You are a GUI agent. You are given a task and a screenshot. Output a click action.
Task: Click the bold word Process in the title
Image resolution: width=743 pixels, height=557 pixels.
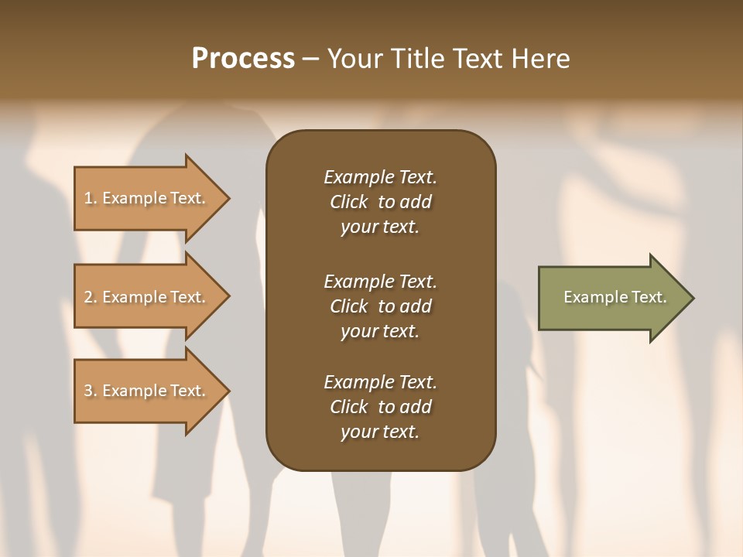(x=243, y=59)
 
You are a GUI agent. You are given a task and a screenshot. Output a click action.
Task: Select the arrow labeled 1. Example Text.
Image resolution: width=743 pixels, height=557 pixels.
(x=147, y=198)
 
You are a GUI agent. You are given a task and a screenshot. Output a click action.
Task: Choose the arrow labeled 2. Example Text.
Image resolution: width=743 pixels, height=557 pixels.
(x=147, y=297)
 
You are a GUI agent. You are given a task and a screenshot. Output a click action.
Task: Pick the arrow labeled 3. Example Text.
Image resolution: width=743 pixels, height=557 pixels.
(x=147, y=391)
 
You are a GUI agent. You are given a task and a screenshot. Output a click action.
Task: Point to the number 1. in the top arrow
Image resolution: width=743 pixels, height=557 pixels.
(x=91, y=198)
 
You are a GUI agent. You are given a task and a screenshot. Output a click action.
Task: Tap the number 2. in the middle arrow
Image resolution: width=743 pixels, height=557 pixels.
(x=91, y=297)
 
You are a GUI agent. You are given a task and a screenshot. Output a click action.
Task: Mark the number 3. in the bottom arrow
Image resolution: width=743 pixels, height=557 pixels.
(x=91, y=391)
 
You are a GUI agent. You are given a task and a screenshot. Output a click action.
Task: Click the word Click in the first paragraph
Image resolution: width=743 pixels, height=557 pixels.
(x=349, y=202)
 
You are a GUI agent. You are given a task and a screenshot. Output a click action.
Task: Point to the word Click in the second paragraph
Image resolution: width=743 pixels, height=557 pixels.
(x=349, y=306)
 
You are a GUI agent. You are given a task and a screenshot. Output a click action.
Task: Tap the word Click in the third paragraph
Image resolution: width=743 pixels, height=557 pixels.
(x=349, y=407)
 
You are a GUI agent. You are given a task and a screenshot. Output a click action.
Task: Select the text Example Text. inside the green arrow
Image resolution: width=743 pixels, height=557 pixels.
(x=615, y=297)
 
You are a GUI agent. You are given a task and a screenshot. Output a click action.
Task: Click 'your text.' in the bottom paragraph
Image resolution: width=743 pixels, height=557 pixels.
(x=380, y=432)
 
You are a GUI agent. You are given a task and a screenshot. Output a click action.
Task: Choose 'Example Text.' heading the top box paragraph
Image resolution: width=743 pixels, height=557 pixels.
(x=380, y=177)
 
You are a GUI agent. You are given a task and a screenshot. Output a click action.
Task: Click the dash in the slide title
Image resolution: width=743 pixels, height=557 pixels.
(x=310, y=60)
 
